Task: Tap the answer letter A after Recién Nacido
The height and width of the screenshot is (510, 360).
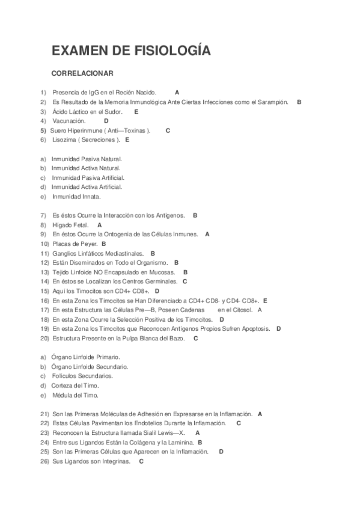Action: coord(177,93)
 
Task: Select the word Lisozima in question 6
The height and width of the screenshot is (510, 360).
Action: coord(65,140)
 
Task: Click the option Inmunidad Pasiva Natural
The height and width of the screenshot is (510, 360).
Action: coord(87,159)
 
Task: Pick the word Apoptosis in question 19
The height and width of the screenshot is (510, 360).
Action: coord(257,329)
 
